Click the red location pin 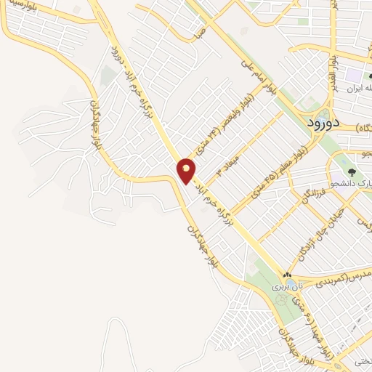[x=187, y=170]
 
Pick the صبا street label [x=201, y=33]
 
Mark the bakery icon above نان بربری [x=286, y=275]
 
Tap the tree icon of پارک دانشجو [x=352, y=173]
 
